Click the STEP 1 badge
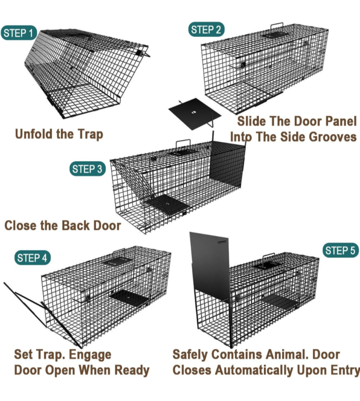[x=19, y=33]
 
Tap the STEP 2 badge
[x=206, y=30]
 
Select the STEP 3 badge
[x=88, y=169]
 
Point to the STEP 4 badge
[x=32, y=257]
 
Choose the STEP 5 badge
[x=340, y=250]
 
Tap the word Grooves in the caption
[x=332, y=137]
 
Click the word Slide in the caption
[x=252, y=121]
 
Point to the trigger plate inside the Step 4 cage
[x=129, y=297]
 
